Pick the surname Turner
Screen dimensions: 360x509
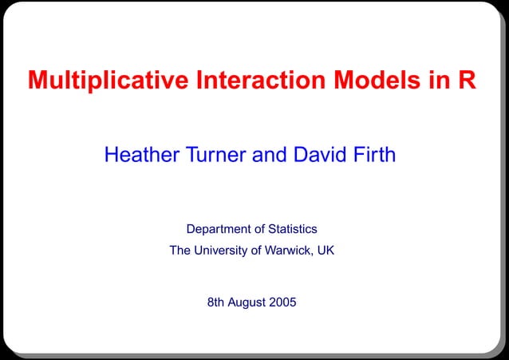coord(215,155)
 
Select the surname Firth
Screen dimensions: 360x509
coord(373,155)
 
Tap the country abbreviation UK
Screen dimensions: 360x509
coord(326,251)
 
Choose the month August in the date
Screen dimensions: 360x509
coord(248,303)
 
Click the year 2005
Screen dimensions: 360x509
coord(283,303)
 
